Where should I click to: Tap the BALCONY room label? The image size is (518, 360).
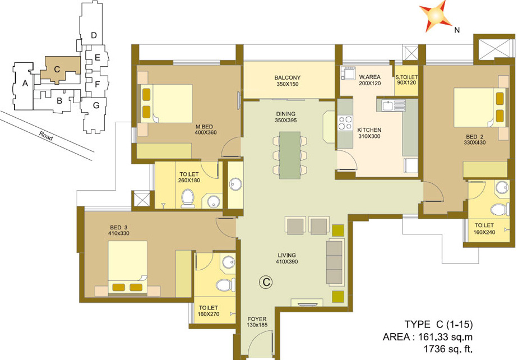click(288, 81)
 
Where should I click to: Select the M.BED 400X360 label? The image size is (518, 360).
click(205, 130)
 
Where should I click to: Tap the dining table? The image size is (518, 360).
click(290, 155)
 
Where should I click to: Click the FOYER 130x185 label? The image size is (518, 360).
click(257, 322)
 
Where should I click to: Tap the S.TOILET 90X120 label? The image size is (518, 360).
click(406, 80)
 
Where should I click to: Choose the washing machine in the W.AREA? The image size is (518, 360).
click(347, 72)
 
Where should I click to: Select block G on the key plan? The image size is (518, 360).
click(96, 105)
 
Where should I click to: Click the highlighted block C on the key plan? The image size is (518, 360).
click(57, 70)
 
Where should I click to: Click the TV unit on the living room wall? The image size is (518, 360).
click(306, 303)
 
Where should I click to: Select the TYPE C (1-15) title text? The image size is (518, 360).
click(438, 324)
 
